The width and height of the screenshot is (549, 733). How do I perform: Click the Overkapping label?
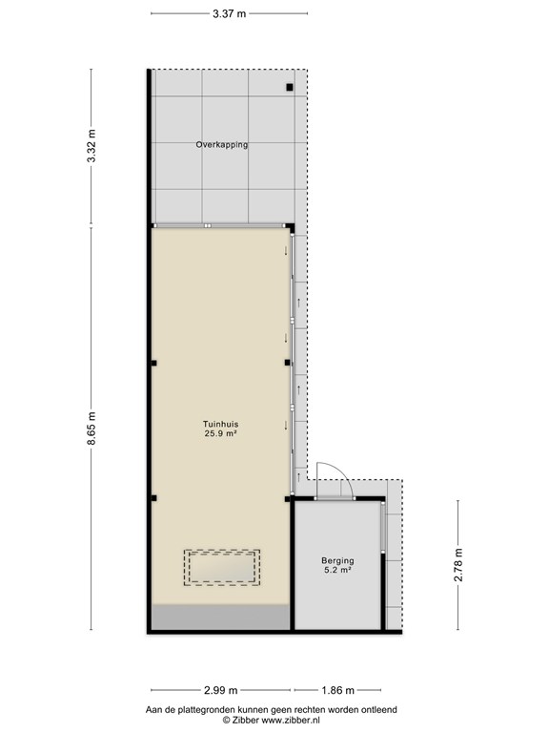pyautogui.click(x=222, y=145)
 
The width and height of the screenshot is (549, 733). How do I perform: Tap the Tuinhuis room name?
pyautogui.click(x=220, y=425)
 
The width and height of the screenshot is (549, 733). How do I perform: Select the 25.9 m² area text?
pyautogui.click(x=220, y=434)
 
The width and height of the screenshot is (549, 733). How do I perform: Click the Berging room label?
pyautogui.click(x=337, y=560)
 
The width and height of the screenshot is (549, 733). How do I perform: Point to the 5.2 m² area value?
pyautogui.click(x=337, y=570)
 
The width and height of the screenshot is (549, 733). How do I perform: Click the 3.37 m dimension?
pyautogui.click(x=229, y=13)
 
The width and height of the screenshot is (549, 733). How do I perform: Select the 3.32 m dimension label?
pyautogui.click(x=91, y=146)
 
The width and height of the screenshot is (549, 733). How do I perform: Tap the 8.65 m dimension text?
pyautogui.click(x=91, y=428)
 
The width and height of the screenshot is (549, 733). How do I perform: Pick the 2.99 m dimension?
pyautogui.click(x=221, y=690)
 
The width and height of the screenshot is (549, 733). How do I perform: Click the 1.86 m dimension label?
pyautogui.click(x=337, y=690)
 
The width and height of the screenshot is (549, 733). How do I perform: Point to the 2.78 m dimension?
pyautogui.click(x=458, y=565)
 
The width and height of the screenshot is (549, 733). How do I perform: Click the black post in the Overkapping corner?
pyautogui.click(x=290, y=87)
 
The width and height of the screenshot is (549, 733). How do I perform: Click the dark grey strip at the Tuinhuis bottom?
pyautogui.click(x=220, y=618)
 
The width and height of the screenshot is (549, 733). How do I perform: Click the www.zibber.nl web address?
pyautogui.click(x=291, y=720)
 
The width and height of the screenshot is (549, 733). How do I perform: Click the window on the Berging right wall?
pyautogui.click(x=383, y=528)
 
